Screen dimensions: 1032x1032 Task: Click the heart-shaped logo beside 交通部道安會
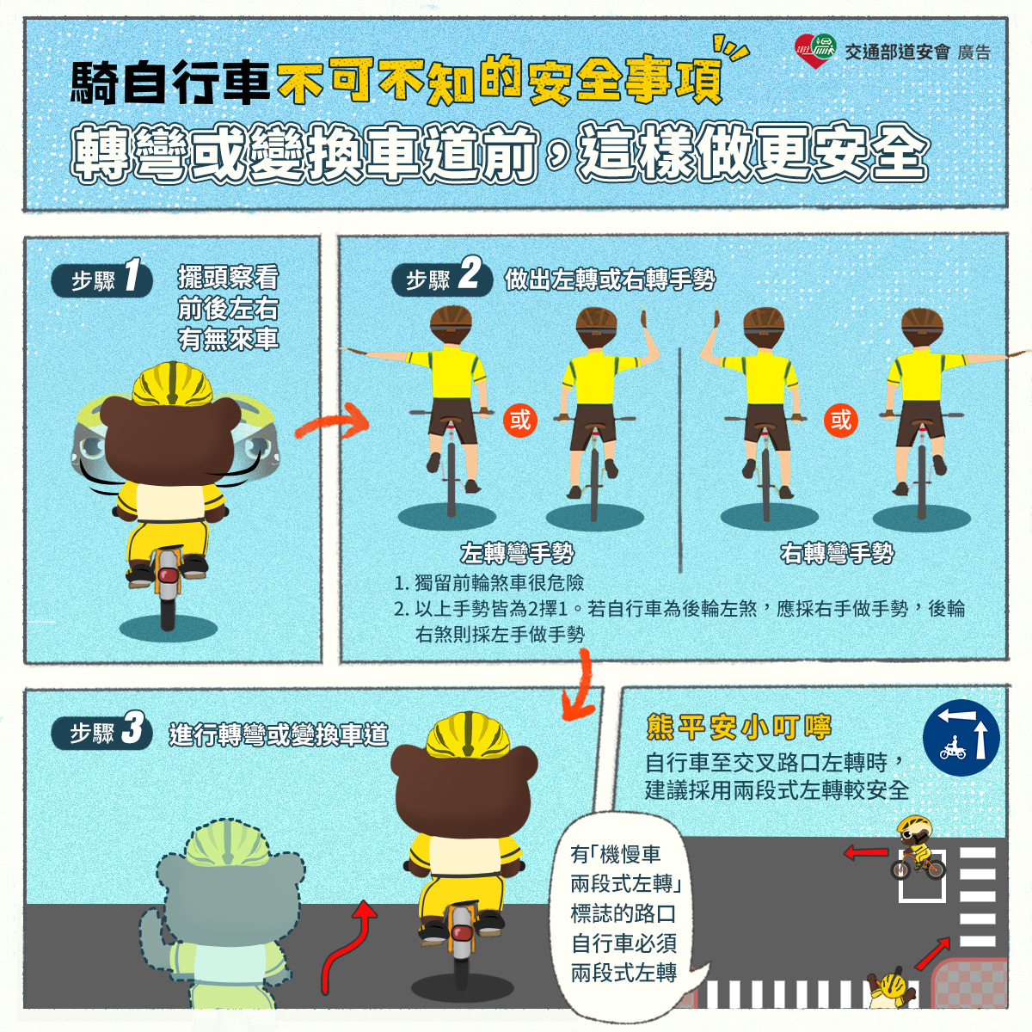tap(815, 51)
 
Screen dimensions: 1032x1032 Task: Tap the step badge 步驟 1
tap(101, 279)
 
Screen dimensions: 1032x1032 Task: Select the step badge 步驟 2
tap(442, 279)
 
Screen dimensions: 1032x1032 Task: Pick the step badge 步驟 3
tap(101, 730)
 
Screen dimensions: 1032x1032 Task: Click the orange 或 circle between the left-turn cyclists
tap(520, 420)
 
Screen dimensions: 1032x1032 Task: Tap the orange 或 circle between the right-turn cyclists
tap(841, 420)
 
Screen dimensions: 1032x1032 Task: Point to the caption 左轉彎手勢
tap(518, 553)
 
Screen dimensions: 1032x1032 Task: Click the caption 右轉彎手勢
tap(837, 553)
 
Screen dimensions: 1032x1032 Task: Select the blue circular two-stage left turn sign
tap(961, 737)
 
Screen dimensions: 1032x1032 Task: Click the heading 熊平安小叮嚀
tap(739, 727)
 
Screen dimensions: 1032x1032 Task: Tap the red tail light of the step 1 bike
tap(169, 576)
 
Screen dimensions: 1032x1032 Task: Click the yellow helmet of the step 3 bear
tap(468, 734)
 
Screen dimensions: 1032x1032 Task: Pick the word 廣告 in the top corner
tap(974, 52)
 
